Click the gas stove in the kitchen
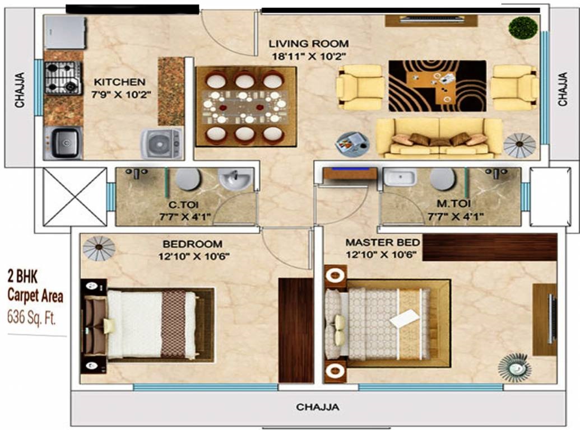(63, 78)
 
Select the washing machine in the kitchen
(161, 144)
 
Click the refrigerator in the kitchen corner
(65, 32)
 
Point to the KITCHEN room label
(119, 82)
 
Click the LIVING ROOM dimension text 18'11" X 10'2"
(309, 57)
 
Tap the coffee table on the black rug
(431, 87)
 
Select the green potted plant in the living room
(523, 27)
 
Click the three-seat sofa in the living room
(439, 138)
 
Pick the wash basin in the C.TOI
(235, 179)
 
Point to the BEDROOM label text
(192, 244)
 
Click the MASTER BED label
(383, 242)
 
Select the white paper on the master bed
(405, 318)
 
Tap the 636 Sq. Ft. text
(31, 317)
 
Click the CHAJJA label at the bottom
(317, 407)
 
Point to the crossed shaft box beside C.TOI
(75, 197)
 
